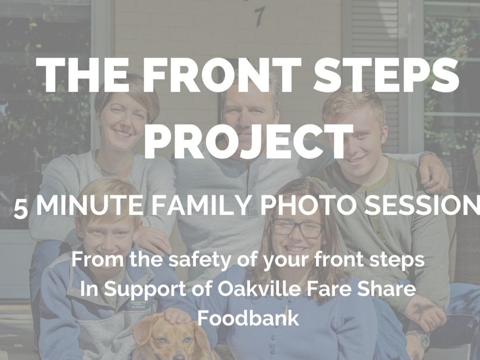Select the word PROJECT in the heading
pyautogui.click(x=248, y=141)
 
